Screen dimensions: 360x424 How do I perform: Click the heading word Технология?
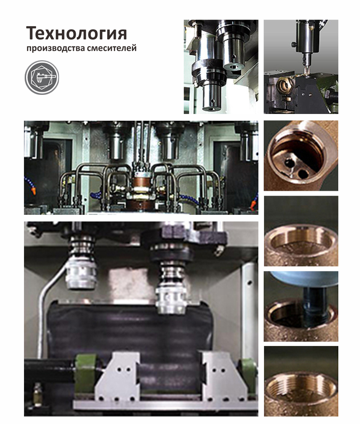pos(76,34)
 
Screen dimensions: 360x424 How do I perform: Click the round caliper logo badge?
pos(42,77)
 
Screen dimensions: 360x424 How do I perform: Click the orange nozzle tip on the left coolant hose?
pos(33,191)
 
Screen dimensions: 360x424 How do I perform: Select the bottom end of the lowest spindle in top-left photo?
pos(210,108)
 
